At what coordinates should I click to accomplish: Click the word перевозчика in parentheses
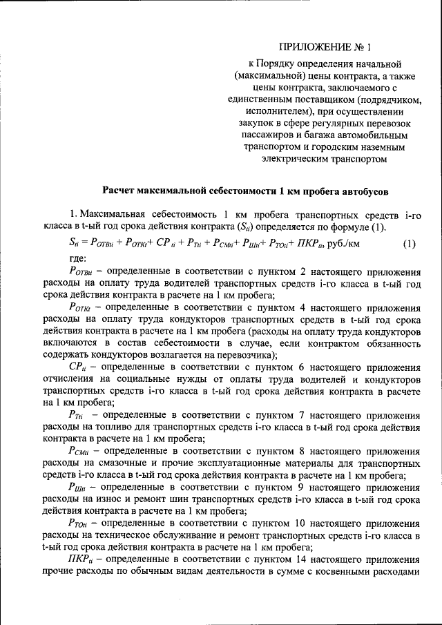click(247, 354)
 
